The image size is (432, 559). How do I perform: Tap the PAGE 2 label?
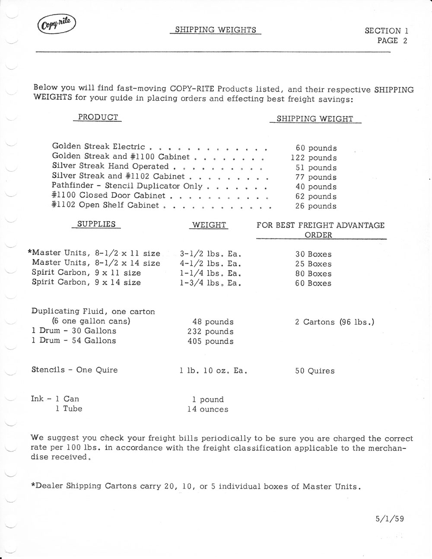tap(392, 41)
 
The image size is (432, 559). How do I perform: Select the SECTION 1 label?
tap(386, 31)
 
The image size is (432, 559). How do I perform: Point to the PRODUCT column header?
tap(98, 118)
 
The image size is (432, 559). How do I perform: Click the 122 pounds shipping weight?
tap(314, 158)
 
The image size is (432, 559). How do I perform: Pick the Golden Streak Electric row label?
tap(98, 147)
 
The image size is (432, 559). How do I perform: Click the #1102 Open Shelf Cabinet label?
tap(105, 206)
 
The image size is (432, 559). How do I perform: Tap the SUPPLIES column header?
tap(96, 224)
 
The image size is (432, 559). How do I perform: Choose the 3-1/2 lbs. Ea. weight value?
tap(210, 254)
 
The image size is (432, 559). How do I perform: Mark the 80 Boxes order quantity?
tap(313, 274)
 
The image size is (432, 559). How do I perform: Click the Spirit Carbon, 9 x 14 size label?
tap(86, 283)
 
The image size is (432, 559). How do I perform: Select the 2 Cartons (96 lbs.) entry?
tap(334, 322)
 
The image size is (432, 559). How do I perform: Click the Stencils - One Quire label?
tap(74, 370)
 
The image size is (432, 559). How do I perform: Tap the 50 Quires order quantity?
tap(314, 371)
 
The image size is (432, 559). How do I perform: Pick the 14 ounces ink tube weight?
tap(208, 409)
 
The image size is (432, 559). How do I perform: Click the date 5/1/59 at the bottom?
tap(390, 519)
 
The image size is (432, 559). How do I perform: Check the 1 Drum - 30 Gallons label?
tap(74, 331)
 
